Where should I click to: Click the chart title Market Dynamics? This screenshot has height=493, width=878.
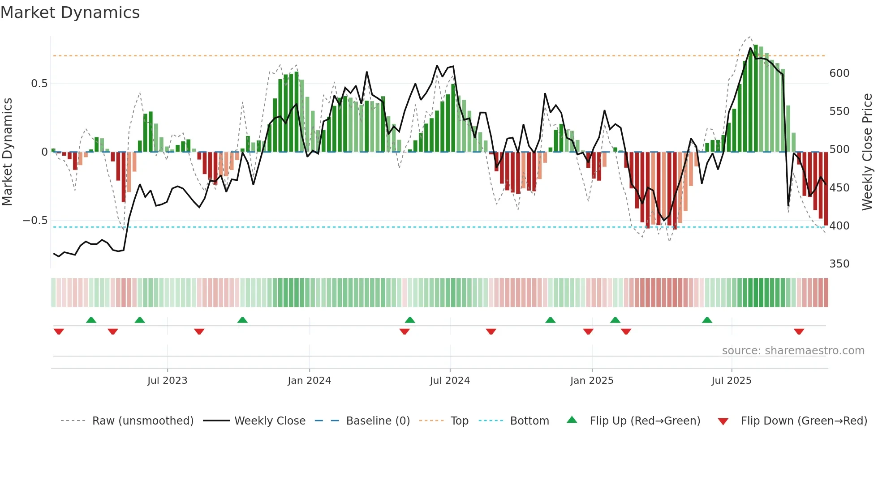(x=70, y=13)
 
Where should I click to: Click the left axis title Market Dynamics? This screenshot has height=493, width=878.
(x=7, y=152)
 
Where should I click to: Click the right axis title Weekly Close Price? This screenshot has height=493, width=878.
(x=867, y=152)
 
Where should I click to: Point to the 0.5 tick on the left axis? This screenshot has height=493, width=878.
(x=39, y=84)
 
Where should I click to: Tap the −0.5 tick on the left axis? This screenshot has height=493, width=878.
(x=35, y=221)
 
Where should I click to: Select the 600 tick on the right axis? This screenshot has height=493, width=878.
(x=839, y=73)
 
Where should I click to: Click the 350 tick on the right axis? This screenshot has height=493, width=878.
(x=839, y=264)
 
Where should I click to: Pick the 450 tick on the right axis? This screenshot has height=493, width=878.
(x=839, y=188)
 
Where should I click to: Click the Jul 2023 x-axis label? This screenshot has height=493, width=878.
(x=167, y=381)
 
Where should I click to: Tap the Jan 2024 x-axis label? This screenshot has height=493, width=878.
(x=309, y=381)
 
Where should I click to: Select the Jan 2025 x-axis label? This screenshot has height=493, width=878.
(x=591, y=381)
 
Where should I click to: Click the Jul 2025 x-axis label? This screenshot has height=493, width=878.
(x=731, y=381)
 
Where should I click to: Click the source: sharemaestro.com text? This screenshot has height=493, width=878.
(x=793, y=351)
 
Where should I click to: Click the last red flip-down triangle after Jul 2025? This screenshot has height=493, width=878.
(x=799, y=331)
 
